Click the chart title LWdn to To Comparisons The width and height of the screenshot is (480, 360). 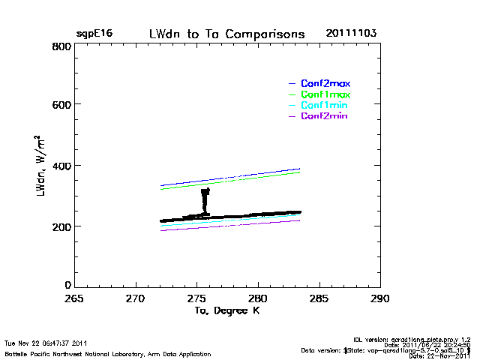(x=226, y=34)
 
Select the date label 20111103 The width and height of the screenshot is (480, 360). (x=351, y=34)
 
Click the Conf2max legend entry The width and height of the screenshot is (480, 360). (x=325, y=83)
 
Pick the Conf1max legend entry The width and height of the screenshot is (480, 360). (x=325, y=94)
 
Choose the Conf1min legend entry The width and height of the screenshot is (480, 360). (x=324, y=106)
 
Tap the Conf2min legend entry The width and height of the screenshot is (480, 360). (x=324, y=116)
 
